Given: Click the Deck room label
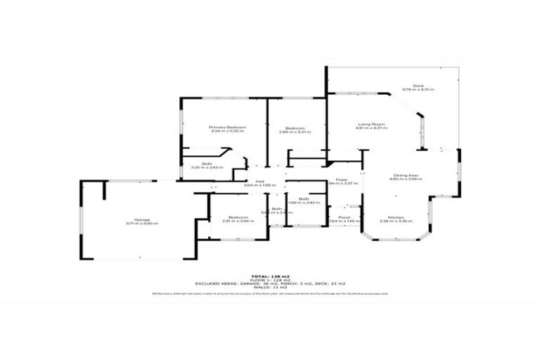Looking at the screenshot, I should click(418, 86).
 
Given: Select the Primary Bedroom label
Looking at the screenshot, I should click(226, 127).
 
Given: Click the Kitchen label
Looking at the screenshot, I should click(394, 217).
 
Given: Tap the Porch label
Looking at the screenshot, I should click(345, 217).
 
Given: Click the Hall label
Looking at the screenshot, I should click(260, 181).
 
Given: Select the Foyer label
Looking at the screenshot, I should click(342, 180).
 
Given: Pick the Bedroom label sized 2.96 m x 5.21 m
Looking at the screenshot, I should click(295, 127).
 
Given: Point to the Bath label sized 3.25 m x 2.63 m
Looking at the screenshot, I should click(206, 163).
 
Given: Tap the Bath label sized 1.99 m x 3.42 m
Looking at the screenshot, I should click(304, 198).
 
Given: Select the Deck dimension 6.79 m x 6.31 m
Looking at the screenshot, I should click(418, 90).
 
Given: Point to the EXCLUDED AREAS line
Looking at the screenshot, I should click(270, 284).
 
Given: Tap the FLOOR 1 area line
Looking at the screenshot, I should click(270, 280).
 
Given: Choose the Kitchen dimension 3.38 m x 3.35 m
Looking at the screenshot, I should click(394, 221).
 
